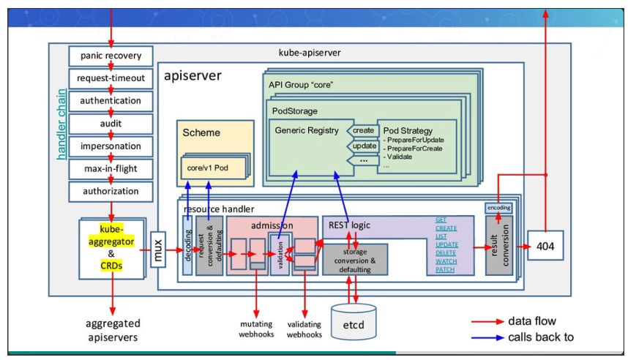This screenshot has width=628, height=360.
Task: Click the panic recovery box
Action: coord(111,56)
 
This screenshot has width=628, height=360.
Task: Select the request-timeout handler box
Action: coord(111,78)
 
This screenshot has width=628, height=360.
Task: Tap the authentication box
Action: coord(111,100)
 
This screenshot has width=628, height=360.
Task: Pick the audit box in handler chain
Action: coord(111,123)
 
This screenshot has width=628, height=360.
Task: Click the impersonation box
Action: coord(111,146)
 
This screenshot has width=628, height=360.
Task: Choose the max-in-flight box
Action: coord(111,168)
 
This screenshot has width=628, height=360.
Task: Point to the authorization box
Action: coord(111,191)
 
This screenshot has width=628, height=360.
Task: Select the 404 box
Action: coord(545,247)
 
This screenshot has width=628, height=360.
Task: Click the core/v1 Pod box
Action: coord(207,168)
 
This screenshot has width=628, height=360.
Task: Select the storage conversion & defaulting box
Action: coord(355,259)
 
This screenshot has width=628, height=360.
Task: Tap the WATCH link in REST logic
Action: coord(446,260)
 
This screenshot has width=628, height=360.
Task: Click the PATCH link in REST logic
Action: coord(445,269)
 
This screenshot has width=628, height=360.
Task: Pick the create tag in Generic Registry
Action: coord(363,130)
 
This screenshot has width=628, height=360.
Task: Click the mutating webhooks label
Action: coord(256,329)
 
